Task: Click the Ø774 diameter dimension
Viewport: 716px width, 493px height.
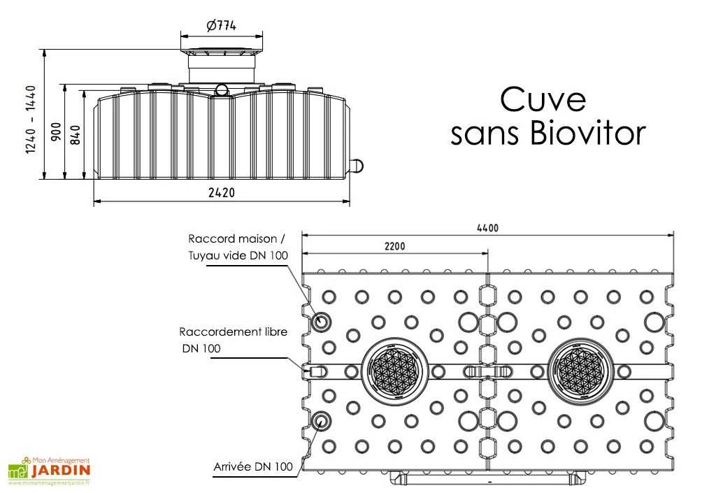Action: [x=221, y=26]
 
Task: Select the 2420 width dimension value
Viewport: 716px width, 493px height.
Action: [x=221, y=192]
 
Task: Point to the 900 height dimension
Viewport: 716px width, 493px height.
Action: [x=56, y=131]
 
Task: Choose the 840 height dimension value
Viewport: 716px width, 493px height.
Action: [x=76, y=132]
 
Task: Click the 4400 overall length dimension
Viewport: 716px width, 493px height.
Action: [x=487, y=228]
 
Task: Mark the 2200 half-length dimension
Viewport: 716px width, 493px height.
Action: [x=394, y=246]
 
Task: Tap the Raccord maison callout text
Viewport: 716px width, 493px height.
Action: [x=237, y=238]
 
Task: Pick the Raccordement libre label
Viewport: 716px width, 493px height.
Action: [x=233, y=331]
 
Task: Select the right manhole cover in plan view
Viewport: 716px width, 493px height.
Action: [x=582, y=370]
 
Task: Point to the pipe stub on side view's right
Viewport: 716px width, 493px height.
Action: [x=357, y=165]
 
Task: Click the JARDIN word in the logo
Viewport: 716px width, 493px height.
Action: [x=59, y=473]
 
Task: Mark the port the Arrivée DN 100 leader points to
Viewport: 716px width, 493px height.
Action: [x=322, y=420]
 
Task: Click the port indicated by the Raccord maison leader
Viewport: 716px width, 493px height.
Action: [x=322, y=322]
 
